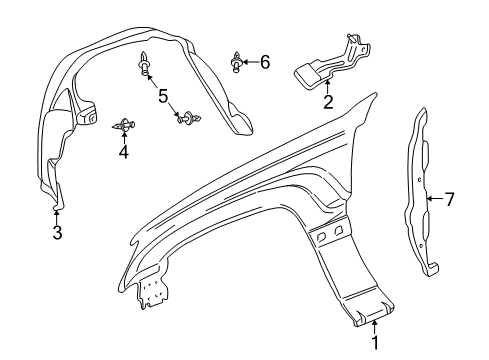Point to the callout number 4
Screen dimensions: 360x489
pyautogui.click(x=123, y=154)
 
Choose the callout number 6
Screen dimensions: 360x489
pyautogui.click(x=264, y=62)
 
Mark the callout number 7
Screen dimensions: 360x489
pyautogui.click(x=449, y=200)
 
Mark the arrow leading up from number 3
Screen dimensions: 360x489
pyautogui.click(x=57, y=218)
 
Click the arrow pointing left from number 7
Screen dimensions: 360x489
pyautogui.click(x=433, y=200)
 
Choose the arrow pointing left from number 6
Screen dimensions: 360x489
pyautogui.click(x=252, y=62)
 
